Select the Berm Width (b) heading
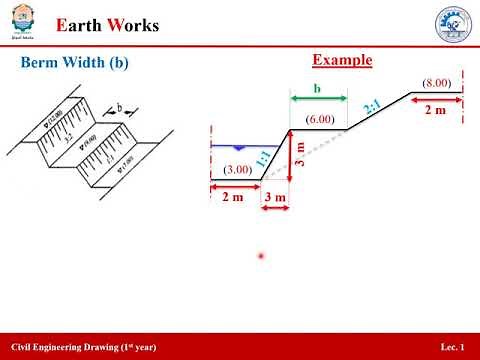tap(75, 63)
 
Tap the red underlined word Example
tap(342, 60)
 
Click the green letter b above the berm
tap(317, 89)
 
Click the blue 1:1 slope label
tap(263, 157)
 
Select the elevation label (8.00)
tap(436, 82)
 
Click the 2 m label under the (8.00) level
tap(436, 110)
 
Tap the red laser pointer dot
tap(262, 257)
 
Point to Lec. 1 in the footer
tap(452, 346)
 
